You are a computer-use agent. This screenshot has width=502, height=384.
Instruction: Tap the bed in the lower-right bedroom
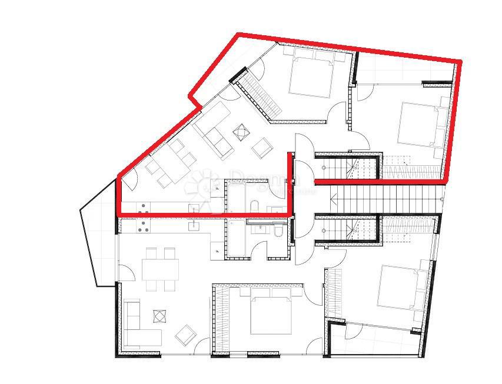(x=403, y=288)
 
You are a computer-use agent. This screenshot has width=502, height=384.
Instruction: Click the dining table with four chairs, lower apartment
(x=159, y=270)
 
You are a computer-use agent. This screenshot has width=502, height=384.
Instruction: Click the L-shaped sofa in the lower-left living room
(x=138, y=327)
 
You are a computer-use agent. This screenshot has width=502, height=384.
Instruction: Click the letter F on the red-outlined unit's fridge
(x=217, y=188)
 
